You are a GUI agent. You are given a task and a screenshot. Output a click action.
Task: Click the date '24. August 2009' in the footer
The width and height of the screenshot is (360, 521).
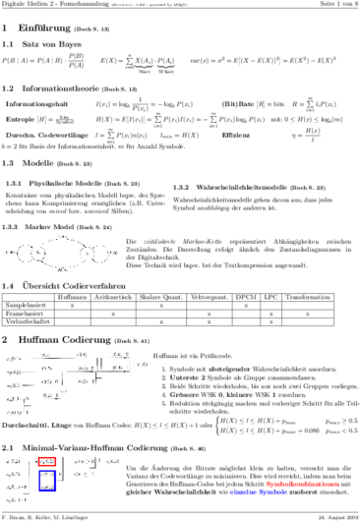point(332,513)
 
